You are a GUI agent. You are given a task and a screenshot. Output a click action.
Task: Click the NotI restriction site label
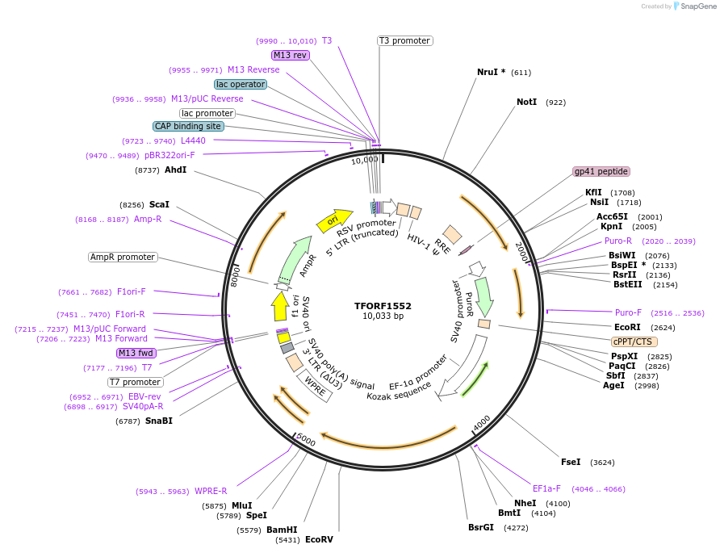click(526, 103)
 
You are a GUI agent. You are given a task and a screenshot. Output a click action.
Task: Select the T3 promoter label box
click(404, 40)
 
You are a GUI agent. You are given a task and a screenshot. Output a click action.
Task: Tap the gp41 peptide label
click(601, 171)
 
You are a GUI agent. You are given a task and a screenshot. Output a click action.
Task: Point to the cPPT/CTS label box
click(634, 341)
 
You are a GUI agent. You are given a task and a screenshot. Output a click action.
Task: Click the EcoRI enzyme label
click(627, 328)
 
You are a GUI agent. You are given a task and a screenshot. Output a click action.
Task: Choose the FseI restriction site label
click(571, 462)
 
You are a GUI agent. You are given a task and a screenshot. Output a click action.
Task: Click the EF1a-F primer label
click(546, 488)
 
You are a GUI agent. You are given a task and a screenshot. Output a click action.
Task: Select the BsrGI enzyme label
click(481, 527)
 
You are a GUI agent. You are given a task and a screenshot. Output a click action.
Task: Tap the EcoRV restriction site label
click(319, 539)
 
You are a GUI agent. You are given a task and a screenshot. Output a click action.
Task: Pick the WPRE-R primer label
click(211, 491)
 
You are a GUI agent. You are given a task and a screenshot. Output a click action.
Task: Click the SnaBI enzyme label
click(159, 421)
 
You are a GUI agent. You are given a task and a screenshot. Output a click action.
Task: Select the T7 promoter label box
click(136, 382)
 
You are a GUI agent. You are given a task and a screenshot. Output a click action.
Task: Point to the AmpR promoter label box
click(123, 257)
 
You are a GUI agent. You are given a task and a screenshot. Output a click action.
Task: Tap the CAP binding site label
click(188, 126)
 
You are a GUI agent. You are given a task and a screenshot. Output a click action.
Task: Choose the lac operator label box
click(241, 84)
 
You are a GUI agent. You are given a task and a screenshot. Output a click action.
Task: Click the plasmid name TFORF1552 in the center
click(383, 306)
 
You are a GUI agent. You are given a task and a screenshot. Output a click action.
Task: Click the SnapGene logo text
click(695, 6)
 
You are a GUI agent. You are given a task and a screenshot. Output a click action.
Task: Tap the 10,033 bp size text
click(383, 316)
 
